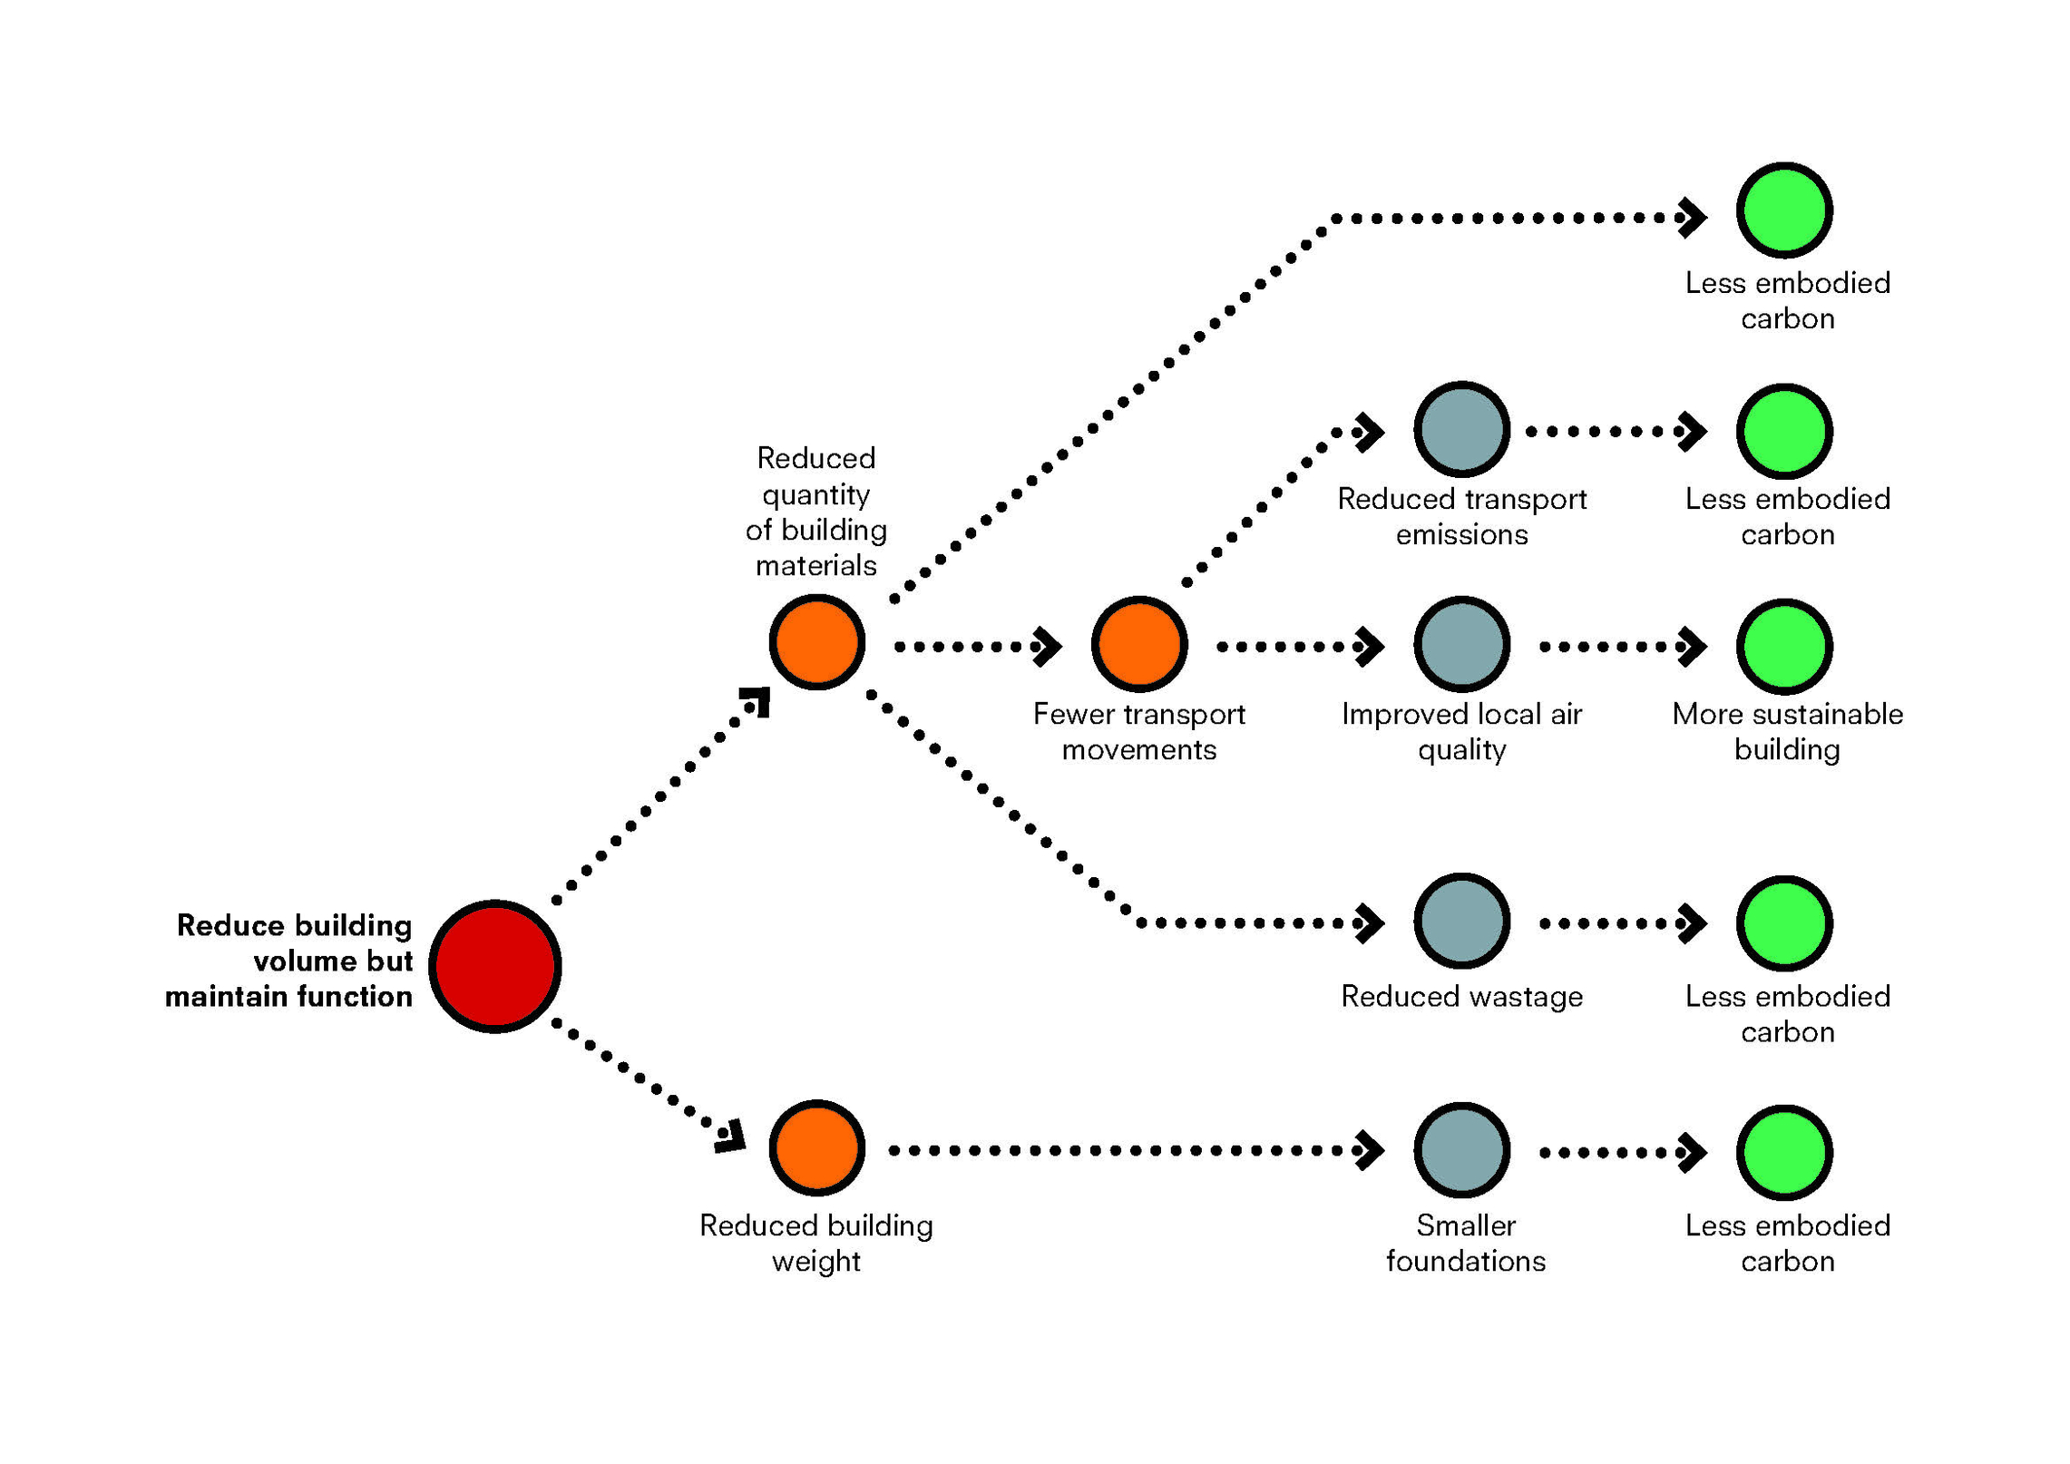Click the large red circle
(495, 966)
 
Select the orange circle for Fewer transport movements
(1139, 644)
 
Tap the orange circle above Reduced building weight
(817, 1148)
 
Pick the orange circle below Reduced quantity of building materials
(817, 642)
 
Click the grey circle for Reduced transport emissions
(1462, 430)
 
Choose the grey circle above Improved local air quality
(1462, 644)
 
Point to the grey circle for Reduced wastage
(1462, 922)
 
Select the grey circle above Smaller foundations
(1462, 1150)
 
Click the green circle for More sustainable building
(1785, 647)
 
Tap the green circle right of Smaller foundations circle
(1785, 1153)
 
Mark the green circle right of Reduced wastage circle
(1785, 923)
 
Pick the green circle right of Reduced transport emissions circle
(1785, 432)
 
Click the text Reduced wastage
(1462, 997)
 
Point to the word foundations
(1466, 1261)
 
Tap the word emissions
(1462, 535)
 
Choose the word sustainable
(1828, 715)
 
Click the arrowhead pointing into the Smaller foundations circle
(1371, 1150)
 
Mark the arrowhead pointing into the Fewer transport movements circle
(1048, 647)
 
